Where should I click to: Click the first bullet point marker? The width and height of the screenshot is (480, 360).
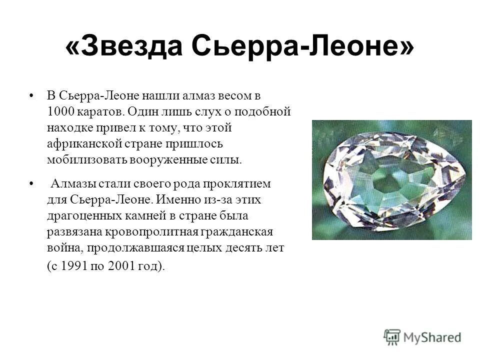point(32,95)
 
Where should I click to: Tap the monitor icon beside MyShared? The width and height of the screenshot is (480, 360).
point(392,336)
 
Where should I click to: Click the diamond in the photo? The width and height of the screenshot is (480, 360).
point(392,180)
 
